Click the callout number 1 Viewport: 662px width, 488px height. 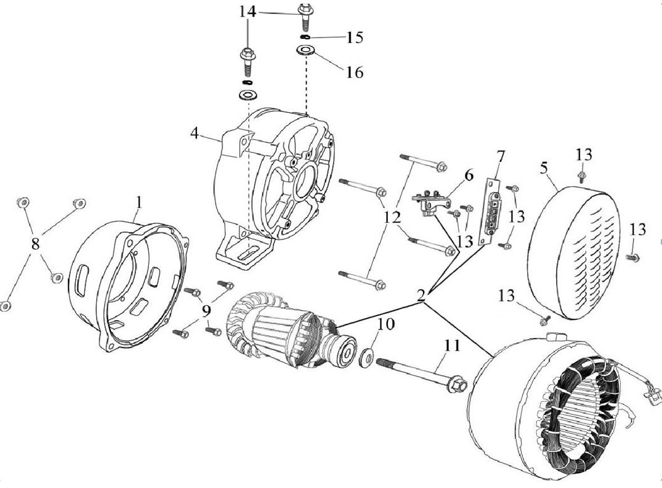[139, 201]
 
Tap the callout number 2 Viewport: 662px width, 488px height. [421, 295]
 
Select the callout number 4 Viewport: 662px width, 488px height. [195, 132]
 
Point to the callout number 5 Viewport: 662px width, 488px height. [544, 168]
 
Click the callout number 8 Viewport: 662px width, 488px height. [35, 244]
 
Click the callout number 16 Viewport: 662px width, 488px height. [354, 72]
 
